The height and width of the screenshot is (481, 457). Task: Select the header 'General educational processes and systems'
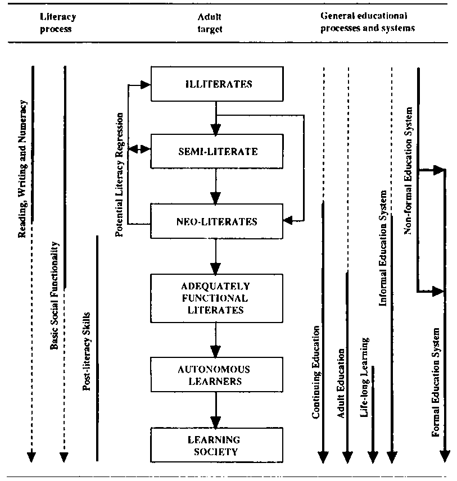pos(368,22)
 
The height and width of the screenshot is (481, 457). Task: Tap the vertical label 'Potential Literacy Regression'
pos(120,175)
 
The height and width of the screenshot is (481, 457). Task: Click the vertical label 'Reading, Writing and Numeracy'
pos(23,169)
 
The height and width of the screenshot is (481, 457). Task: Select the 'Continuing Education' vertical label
pos(316,371)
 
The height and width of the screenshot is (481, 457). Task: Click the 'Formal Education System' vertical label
pos(436,382)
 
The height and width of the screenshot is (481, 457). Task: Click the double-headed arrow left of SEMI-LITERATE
pos(139,149)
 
